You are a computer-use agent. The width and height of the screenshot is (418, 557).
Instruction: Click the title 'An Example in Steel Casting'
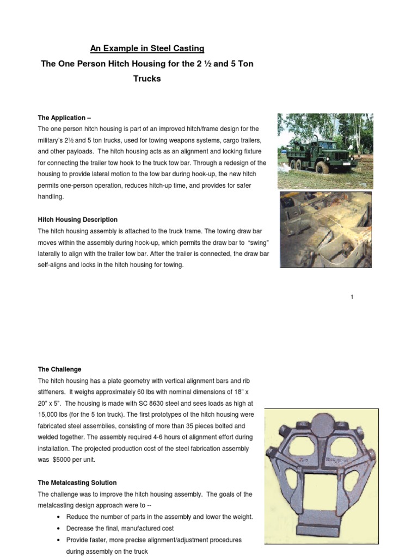coord(147,49)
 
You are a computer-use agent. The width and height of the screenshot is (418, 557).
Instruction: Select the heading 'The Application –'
coord(62,117)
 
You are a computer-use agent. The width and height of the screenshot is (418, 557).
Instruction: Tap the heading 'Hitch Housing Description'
coord(77,220)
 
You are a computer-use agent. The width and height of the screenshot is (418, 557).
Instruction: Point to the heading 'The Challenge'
coord(59,369)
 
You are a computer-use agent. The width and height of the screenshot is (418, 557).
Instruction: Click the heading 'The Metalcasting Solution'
coord(77,482)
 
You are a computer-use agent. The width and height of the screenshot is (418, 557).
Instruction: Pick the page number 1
coord(352,297)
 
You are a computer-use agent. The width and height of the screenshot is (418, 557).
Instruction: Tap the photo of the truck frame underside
coord(325,229)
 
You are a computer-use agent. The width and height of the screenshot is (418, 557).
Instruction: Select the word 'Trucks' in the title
coord(147,78)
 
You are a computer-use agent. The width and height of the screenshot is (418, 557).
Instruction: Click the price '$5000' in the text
coord(61,460)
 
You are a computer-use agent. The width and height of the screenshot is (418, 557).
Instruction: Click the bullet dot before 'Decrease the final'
coord(58,529)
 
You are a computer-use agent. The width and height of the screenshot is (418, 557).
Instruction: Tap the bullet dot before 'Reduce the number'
coord(58,517)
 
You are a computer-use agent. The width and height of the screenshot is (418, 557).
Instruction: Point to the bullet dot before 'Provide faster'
coord(58,540)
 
